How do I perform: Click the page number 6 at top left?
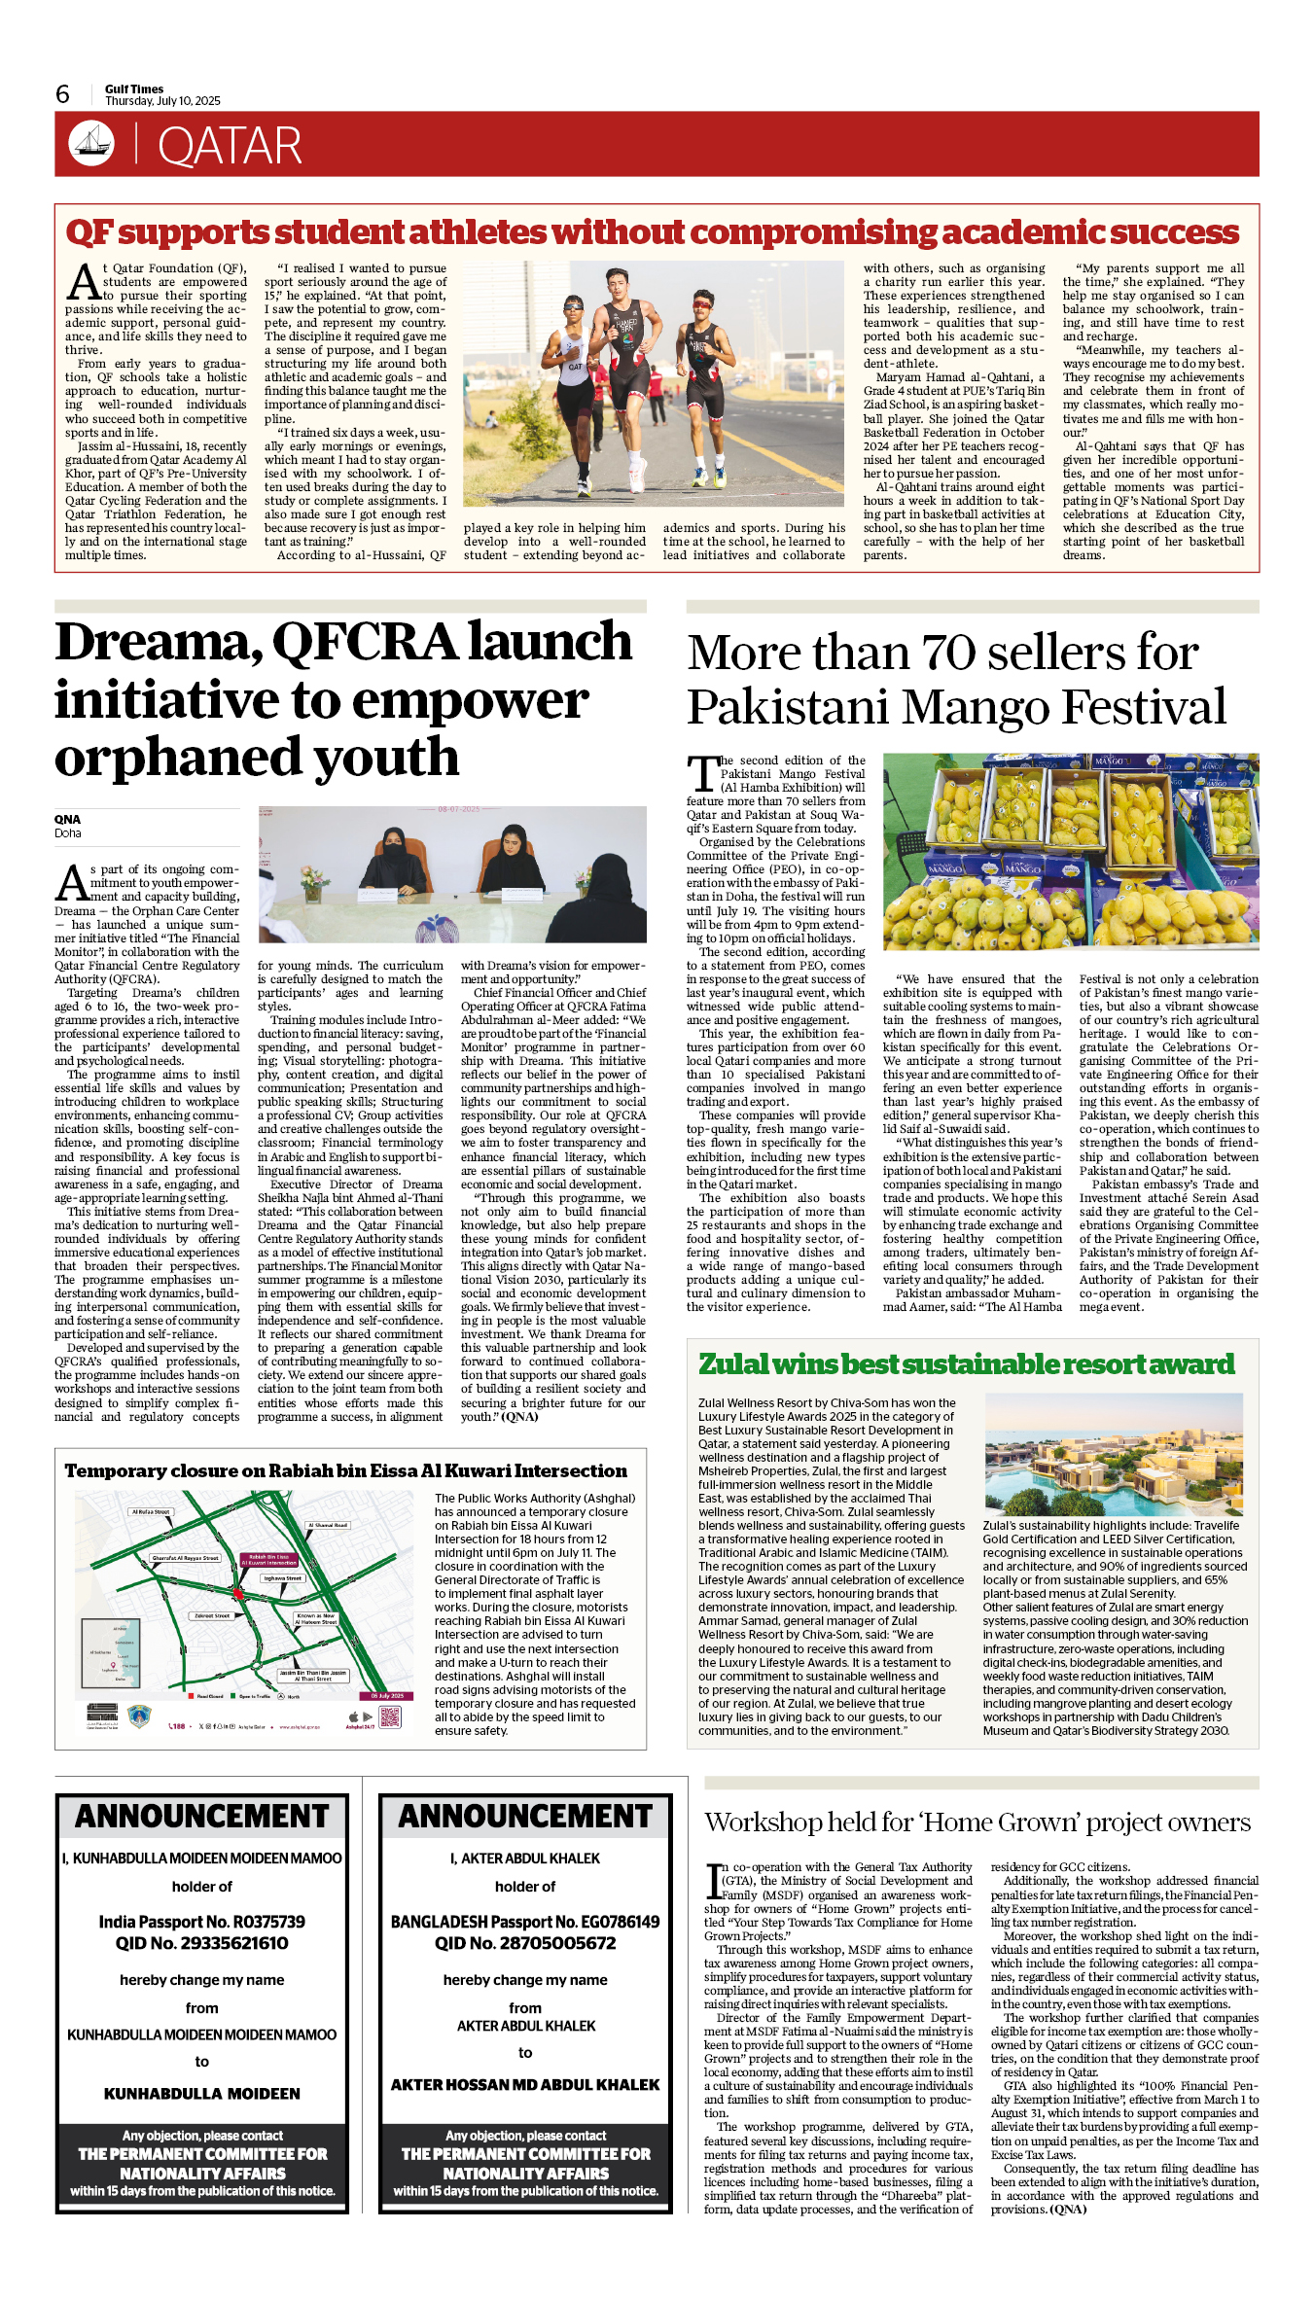pos(63,94)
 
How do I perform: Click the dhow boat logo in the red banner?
pos(91,143)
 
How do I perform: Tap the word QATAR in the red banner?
pos(230,147)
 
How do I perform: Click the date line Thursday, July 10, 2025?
pos(162,101)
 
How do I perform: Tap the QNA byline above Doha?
pos(67,819)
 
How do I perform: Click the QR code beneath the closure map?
pos(389,1716)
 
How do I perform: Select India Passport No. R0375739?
pos(201,1922)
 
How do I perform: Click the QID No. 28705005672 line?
pos(525,1943)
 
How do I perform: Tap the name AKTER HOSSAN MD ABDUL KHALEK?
pos(525,2084)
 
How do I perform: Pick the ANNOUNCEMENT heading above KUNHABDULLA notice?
pos(202,1817)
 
